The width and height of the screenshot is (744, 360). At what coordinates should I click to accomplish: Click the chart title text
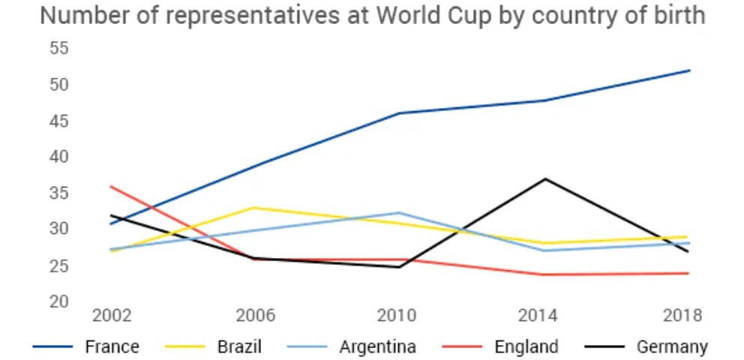(372, 15)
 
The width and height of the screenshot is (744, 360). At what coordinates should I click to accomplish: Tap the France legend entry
(112, 346)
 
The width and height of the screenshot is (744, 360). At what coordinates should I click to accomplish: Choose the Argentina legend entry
(377, 346)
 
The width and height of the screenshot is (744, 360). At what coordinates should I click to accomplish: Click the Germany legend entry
(672, 346)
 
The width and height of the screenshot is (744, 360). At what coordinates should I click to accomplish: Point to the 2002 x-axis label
(111, 316)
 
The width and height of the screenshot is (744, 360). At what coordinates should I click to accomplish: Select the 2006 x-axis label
(255, 316)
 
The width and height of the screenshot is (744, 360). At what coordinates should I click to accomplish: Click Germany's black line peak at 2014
(545, 178)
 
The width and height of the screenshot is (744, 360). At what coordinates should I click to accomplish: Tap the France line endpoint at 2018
(688, 70)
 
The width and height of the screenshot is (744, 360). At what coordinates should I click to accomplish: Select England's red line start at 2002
(111, 186)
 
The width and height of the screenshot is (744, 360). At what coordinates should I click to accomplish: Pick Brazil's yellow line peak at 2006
(255, 208)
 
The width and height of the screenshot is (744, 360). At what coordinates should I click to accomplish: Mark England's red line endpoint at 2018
(688, 273)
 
